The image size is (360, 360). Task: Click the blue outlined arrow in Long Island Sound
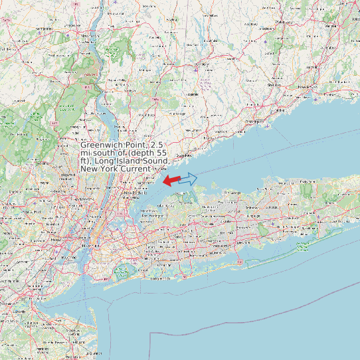pyautogui.click(x=189, y=178)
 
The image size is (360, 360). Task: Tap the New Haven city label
pyautogui.click(x=305, y=87)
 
